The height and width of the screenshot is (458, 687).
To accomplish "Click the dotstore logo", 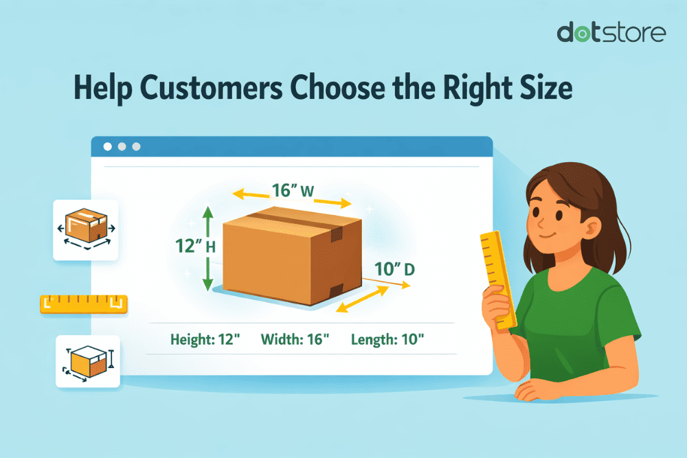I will (x=611, y=32).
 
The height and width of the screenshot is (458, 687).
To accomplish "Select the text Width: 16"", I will (x=295, y=339).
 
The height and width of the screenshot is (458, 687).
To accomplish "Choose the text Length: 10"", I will (x=387, y=339).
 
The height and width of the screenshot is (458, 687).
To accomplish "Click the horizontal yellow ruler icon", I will (x=84, y=304).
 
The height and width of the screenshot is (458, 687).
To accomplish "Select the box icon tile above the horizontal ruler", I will (x=86, y=229).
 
